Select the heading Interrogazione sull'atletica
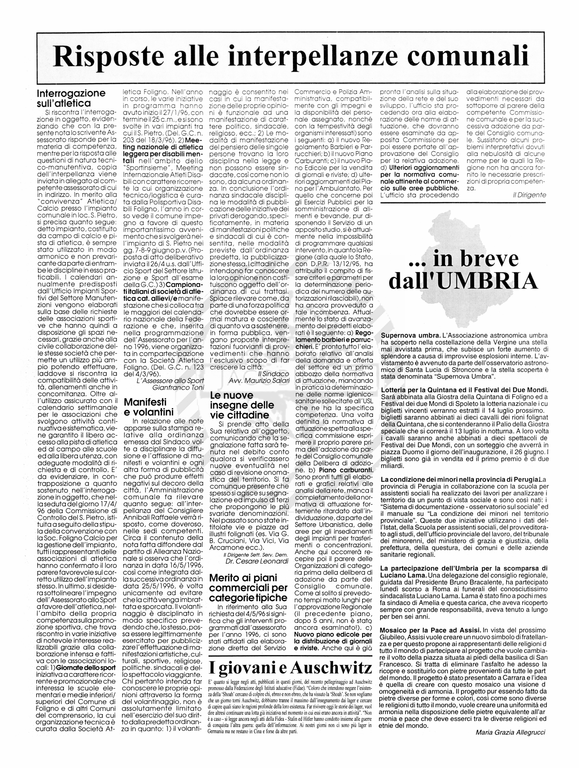coord(71,98)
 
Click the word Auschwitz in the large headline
coord(331,667)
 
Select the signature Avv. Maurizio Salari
coord(259,381)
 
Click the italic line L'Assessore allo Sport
coord(170,381)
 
